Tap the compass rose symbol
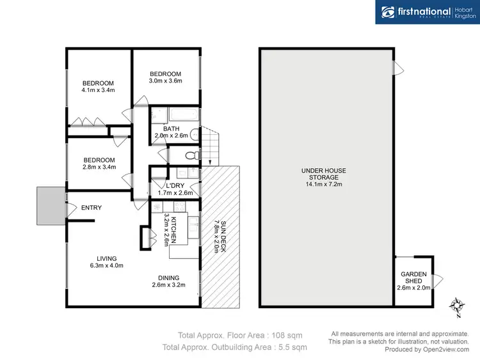pyautogui.click(x=457, y=306)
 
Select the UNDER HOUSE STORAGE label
pyautogui.click(x=324, y=175)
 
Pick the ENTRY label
pyautogui.click(x=91, y=208)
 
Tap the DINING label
pyautogui.click(x=170, y=278)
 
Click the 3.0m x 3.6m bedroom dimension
pyautogui.click(x=166, y=81)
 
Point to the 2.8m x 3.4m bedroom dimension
pyautogui.click(x=98, y=168)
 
